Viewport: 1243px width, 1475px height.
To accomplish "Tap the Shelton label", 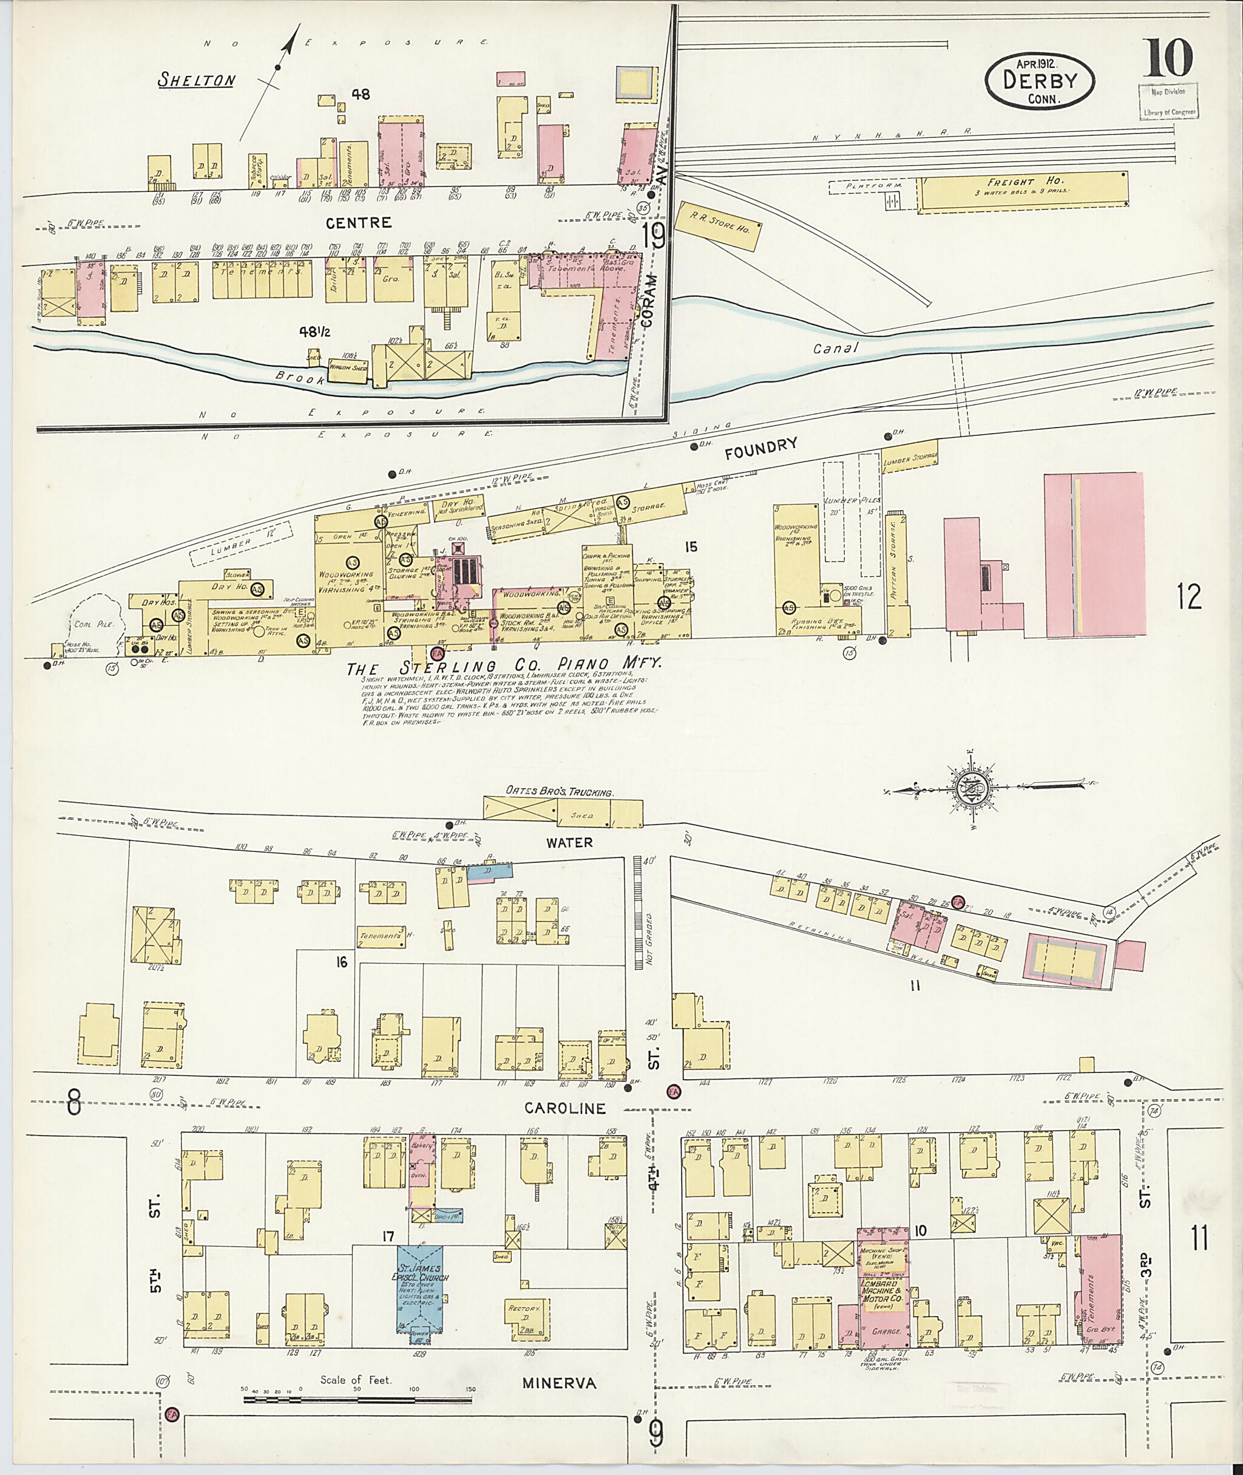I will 196,80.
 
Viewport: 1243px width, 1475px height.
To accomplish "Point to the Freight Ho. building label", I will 1011,182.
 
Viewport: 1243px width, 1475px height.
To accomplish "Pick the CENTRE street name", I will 358,223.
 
